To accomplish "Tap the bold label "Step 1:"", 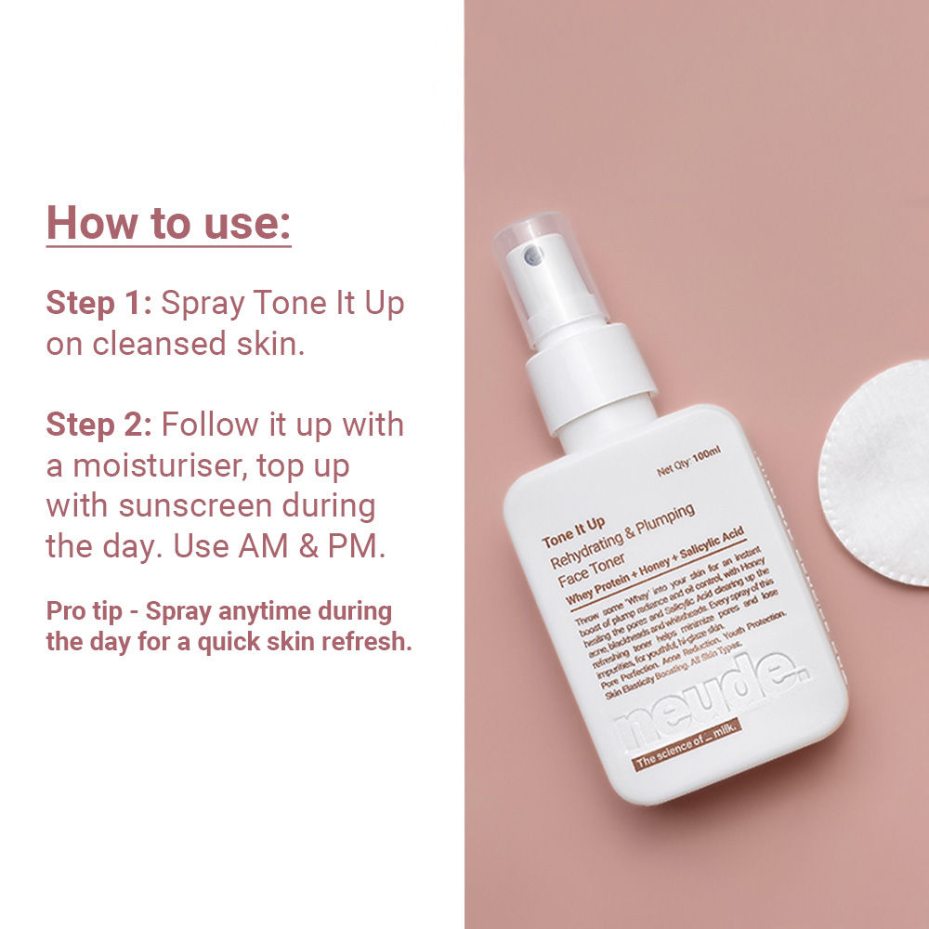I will [98, 304].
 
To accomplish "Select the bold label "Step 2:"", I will [98, 425].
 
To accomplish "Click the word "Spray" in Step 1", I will [203, 304].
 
